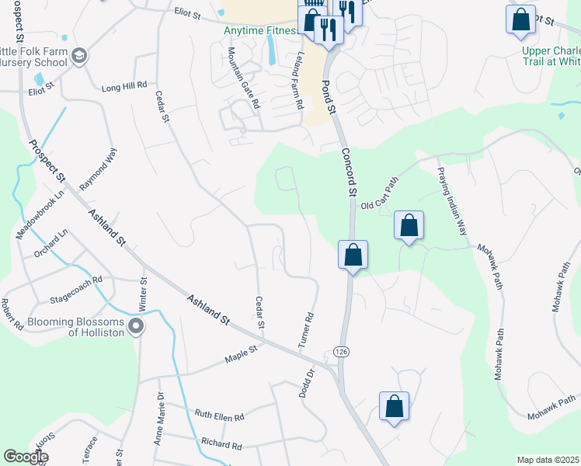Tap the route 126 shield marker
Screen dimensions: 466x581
[341, 352]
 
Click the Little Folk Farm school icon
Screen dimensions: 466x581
[81, 56]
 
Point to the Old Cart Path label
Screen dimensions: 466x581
[380, 193]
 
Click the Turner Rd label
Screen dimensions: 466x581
[309, 329]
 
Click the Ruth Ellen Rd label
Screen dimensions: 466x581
[219, 416]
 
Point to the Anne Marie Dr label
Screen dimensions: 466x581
[159, 419]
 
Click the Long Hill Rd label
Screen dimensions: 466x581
[124, 87]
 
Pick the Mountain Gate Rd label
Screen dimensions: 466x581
[242, 77]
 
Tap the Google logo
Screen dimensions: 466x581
[26, 457]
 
